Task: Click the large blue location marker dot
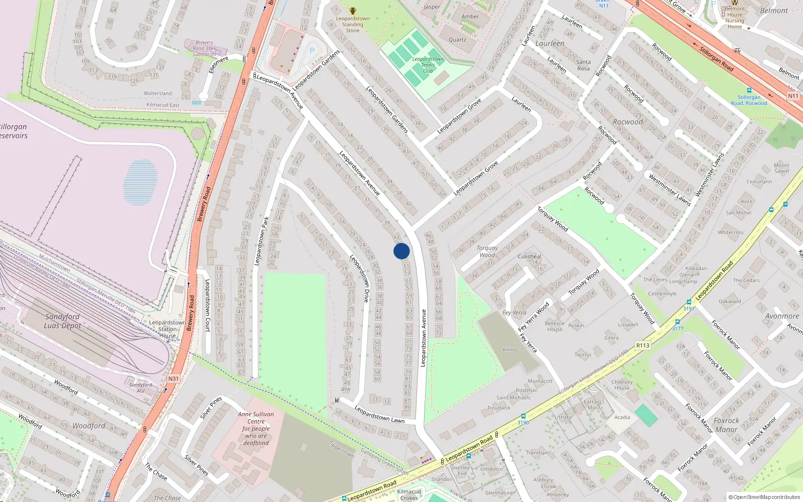(x=401, y=251)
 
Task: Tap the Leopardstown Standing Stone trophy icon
(x=353, y=11)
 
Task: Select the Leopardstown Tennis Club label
(x=428, y=65)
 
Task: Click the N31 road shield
(x=173, y=379)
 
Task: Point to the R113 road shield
(x=642, y=345)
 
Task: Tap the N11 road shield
(x=793, y=96)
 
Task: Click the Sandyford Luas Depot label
(x=62, y=321)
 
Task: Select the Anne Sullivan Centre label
(x=256, y=428)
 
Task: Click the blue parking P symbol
(x=312, y=50)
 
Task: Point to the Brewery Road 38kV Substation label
(x=204, y=48)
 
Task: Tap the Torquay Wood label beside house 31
(x=487, y=252)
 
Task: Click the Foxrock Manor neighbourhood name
(x=726, y=425)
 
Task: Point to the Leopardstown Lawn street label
(x=379, y=414)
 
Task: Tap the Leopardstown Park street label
(x=261, y=241)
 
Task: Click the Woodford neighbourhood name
(x=89, y=426)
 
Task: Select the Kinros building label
(x=510, y=349)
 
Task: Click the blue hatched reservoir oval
(x=140, y=182)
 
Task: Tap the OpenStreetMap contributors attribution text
(x=764, y=497)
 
